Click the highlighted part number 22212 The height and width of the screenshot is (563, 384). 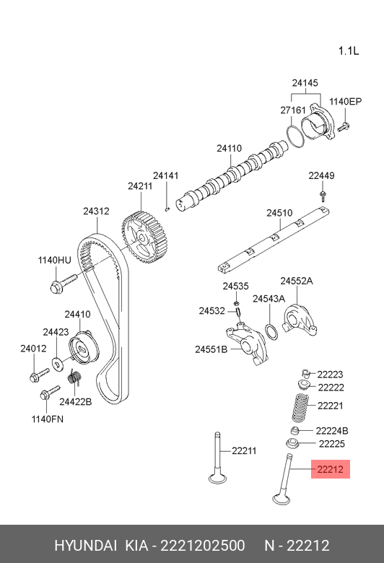click(330, 469)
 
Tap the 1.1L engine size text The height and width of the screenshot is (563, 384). click(349, 51)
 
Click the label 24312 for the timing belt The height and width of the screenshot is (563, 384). click(96, 211)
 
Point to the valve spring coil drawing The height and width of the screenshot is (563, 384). click(300, 408)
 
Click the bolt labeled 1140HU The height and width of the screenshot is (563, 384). click(63, 283)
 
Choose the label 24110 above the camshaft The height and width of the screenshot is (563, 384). click(230, 148)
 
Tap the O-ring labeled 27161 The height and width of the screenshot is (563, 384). click(296, 136)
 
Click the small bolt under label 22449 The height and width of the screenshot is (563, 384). click(323, 196)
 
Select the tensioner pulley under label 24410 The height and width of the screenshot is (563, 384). click(83, 347)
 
